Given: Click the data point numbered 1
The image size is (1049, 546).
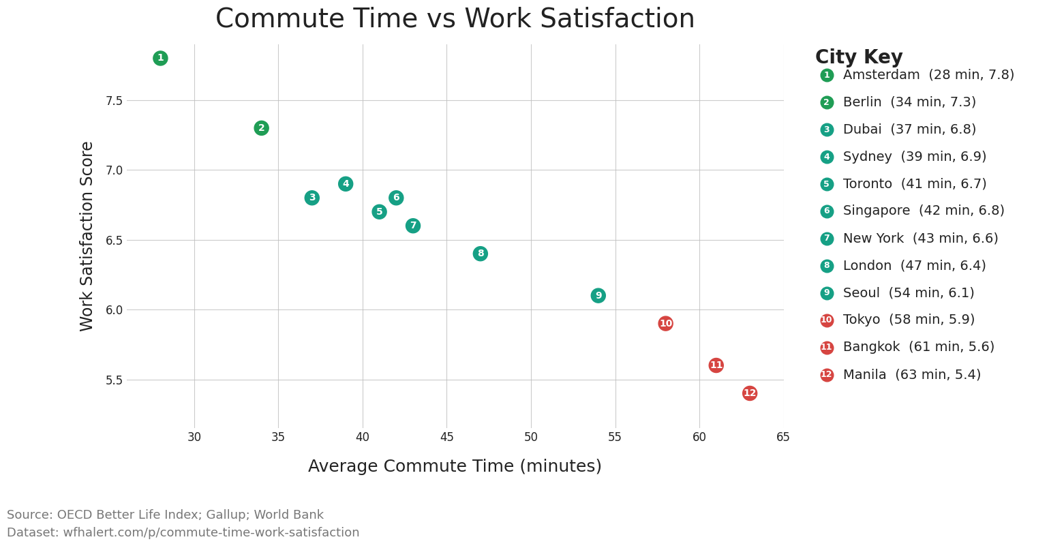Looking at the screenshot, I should point(160,58).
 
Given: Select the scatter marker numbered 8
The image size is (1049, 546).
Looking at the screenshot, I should point(481,254).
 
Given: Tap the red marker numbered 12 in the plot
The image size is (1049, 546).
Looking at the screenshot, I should point(750,393).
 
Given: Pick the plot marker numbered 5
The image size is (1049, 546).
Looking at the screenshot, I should point(380,212).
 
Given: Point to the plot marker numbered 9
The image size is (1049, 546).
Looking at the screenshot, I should point(598,296).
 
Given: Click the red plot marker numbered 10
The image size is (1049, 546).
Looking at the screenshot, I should point(666,324).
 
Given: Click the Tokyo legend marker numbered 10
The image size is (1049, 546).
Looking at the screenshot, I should point(827,320).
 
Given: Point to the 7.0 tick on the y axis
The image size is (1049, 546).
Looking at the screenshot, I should point(114,170).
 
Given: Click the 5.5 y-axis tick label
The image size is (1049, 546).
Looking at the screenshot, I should point(114,380).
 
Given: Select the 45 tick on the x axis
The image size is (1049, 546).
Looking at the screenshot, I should point(446,437).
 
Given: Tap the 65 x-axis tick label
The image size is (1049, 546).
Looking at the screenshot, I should point(783,437).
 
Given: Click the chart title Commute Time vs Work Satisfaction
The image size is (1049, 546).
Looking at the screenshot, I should point(455,19).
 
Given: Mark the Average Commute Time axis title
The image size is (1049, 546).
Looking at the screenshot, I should point(455,466).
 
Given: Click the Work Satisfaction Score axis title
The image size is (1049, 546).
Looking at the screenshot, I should point(87,236).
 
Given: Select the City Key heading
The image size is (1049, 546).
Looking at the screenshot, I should point(859,57).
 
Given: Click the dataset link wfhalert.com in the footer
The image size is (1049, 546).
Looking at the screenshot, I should point(211,533).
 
